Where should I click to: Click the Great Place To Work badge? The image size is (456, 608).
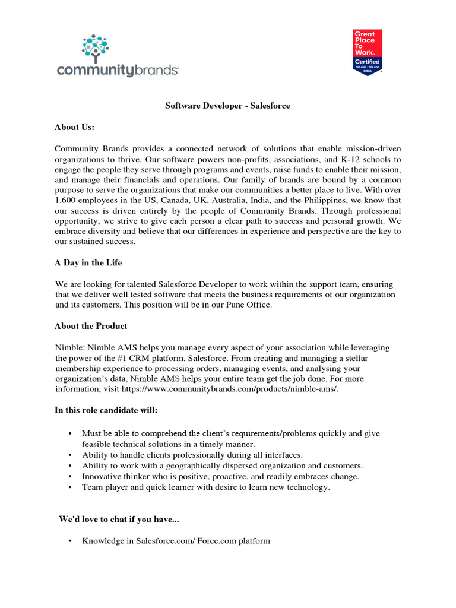pyautogui.click(x=368, y=52)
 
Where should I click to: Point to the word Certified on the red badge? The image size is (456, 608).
pyautogui.click(x=368, y=61)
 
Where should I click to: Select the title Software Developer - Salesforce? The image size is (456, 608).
pyautogui.click(x=227, y=106)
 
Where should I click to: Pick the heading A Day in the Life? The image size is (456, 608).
pyautogui.click(x=88, y=262)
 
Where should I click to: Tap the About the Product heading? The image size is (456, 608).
pyautogui.click(x=91, y=326)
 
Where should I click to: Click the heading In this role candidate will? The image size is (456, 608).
pyautogui.click(x=106, y=410)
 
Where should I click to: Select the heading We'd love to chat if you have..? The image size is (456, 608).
pyautogui.click(x=119, y=519)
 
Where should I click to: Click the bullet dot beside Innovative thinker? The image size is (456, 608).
pyautogui.click(x=71, y=476)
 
